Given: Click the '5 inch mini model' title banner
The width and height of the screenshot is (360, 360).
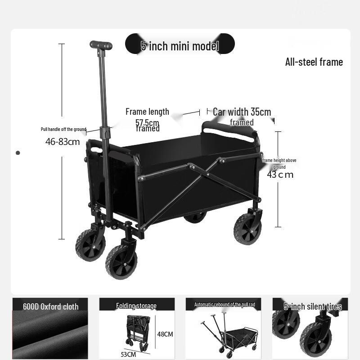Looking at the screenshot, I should tap(180, 45).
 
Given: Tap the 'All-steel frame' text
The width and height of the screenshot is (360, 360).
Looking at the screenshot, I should tap(314, 62).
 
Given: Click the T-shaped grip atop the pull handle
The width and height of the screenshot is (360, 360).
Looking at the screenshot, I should tap(101, 45).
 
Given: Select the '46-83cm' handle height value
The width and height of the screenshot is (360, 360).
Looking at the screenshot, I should tap(63, 142).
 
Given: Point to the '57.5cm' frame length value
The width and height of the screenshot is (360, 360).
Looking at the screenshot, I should tap(147, 122).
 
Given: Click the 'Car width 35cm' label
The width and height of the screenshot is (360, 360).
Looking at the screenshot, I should tap(242, 112).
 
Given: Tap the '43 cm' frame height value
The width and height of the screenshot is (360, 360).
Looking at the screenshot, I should tap(280, 175).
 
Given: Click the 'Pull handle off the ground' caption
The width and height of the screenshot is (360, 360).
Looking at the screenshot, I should tap(63, 129).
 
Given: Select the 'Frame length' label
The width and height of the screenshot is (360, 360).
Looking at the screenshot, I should tap(147, 112).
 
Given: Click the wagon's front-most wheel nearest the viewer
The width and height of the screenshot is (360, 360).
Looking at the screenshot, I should tap(121, 262).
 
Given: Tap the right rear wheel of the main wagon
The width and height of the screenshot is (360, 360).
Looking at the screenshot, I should tap(247, 229).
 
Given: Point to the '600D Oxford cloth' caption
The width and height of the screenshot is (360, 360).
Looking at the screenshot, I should tap(50, 306).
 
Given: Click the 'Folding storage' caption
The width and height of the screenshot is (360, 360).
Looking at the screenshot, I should tap(136, 306).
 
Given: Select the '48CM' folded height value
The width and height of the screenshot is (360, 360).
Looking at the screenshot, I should tap(165, 334).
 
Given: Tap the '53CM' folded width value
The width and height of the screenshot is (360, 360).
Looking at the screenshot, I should tap(128, 354).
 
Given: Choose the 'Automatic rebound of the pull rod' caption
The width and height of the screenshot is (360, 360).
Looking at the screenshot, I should tap(225, 305).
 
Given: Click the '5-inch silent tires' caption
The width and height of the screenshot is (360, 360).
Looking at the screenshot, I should tap(312, 306).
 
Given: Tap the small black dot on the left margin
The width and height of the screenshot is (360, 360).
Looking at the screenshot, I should tap(18, 153).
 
